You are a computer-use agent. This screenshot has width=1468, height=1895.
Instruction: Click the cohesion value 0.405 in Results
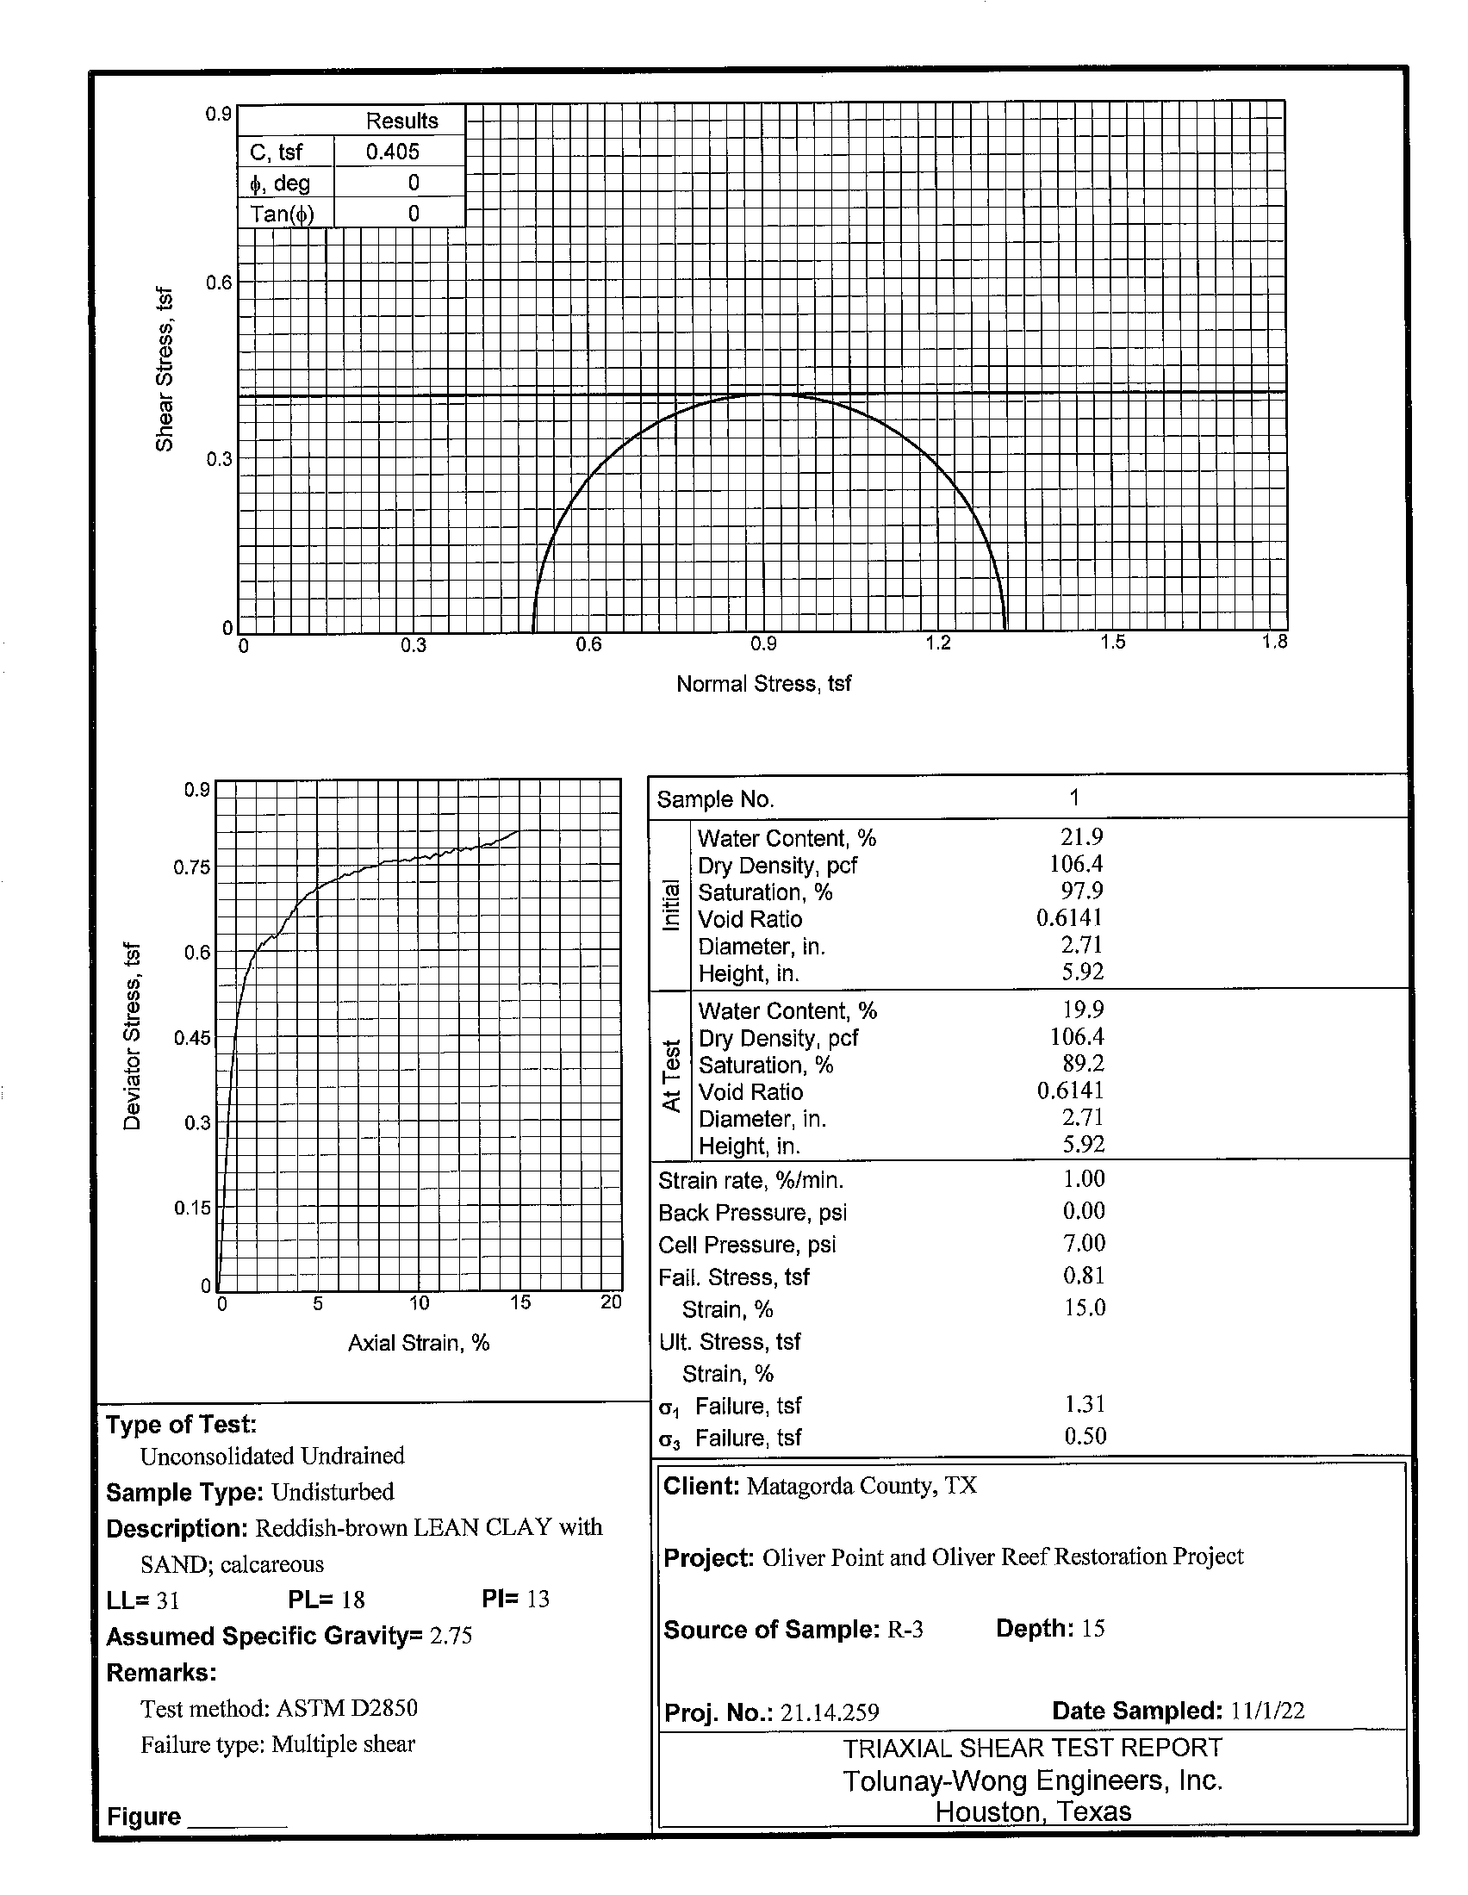[x=392, y=152]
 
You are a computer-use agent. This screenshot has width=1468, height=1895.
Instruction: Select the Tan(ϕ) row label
[x=282, y=214]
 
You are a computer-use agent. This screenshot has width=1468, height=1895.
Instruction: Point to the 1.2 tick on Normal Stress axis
[x=938, y=643]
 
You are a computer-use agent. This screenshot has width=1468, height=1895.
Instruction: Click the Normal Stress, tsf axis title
[x=762, y=684]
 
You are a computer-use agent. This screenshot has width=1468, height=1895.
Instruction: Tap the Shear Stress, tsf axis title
[x=164, y=369]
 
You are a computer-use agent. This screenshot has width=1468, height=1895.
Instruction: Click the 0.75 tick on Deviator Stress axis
[x=192, y=867]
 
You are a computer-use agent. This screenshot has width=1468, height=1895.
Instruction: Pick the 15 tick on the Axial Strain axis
[x=519, y=1302]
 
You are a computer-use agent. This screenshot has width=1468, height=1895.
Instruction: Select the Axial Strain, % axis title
[x=418, y=1343]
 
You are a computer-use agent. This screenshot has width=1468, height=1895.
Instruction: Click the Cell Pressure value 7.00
[x=1084, y=1243]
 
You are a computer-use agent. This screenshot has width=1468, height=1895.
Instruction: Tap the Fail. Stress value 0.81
[x=1084, y=1276]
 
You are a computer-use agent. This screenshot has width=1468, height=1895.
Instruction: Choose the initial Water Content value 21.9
[x=1081, y=836]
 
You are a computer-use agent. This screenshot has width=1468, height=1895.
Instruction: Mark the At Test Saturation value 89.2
[x=1083, y=1063]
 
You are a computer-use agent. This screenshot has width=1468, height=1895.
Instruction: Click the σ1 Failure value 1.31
[x=1085, y=1404]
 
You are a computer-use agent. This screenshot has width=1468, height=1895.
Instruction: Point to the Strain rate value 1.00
[x=1084, y=1178]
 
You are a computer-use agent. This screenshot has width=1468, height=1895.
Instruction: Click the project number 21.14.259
[x=829, y=1712]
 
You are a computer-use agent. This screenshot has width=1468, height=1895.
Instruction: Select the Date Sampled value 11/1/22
[x=1266, y=1710]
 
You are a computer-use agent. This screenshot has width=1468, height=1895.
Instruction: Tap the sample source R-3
[x=904, y=1630]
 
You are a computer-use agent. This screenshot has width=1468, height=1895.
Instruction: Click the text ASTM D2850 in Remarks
[x=347, y=1707]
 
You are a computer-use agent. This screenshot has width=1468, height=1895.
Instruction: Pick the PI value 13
[x=538, y=1598]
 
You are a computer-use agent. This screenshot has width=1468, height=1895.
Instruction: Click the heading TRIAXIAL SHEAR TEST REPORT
[x=1032, y=1747]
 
